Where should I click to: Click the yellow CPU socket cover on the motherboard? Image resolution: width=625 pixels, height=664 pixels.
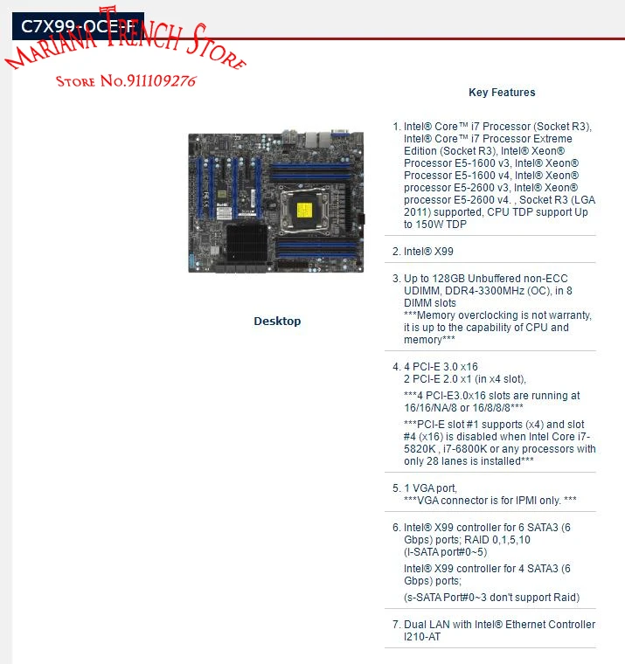(x=305, y=210)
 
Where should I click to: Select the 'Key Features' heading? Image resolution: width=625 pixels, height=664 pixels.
(x=502, y=93)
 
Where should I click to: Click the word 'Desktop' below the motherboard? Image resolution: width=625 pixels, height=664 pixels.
(x=277, y=322)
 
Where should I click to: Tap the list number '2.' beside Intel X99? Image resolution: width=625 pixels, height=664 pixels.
(x=396, y=252)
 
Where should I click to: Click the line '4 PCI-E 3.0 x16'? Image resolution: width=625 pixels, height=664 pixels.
(x=441, y=366)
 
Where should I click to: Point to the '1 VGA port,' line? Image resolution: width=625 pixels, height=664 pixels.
(x=430, y=488)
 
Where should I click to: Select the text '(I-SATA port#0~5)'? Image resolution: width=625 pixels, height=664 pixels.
(x=445, y=552)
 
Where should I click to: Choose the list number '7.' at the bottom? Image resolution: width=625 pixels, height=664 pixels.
(x=396, y=625)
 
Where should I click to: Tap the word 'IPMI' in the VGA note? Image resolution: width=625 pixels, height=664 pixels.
(x=518, y=500)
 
